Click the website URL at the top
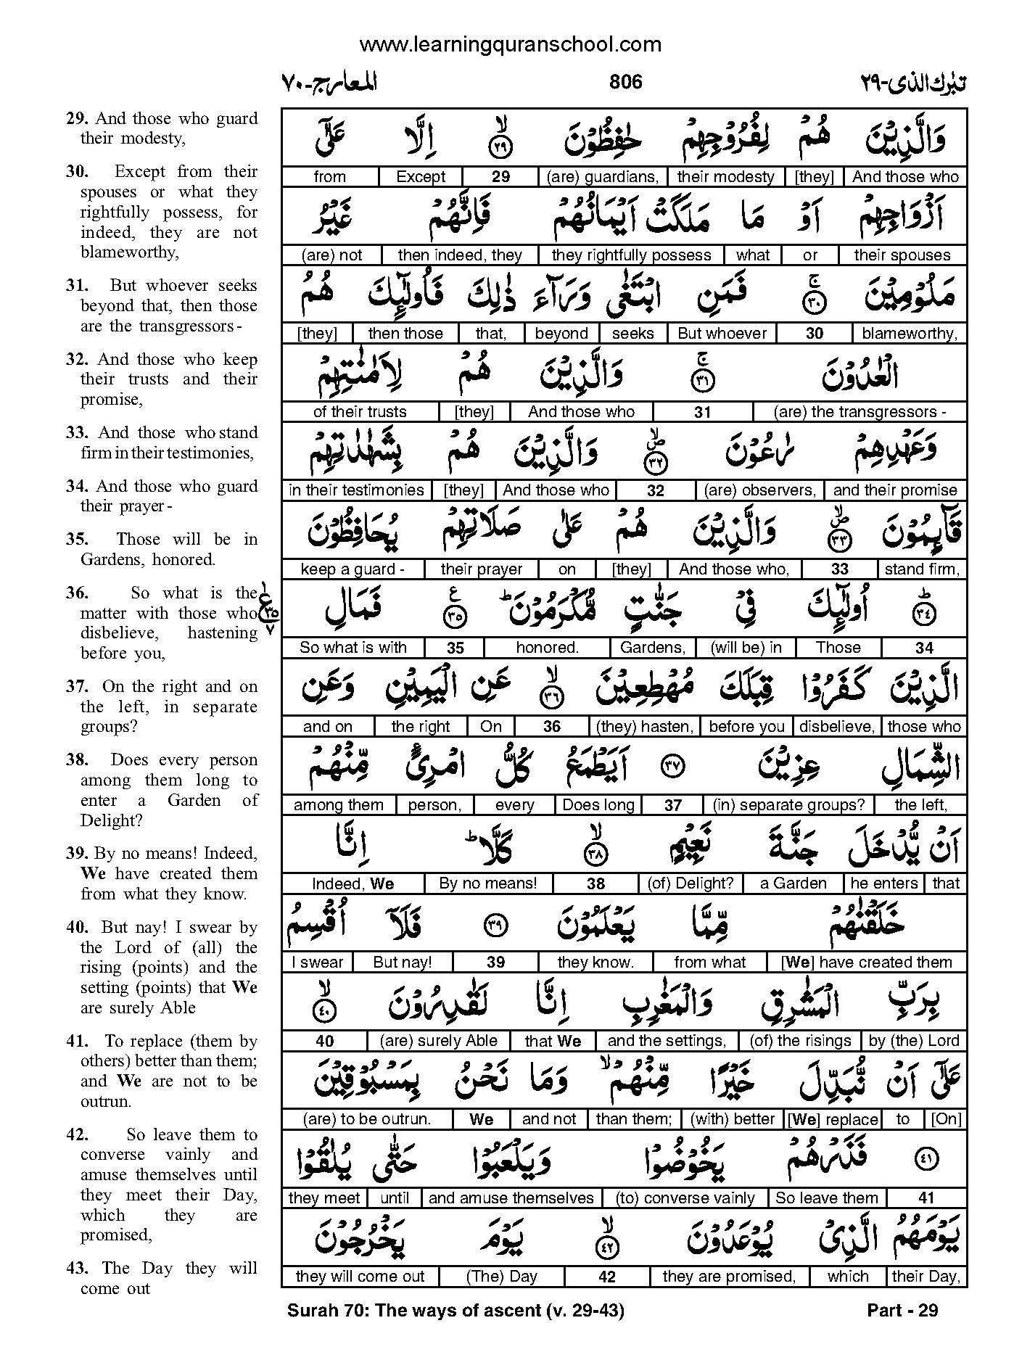pyautogui.click(x=510, y=45)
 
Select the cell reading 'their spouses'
pyautogui.click(x=902, y=255)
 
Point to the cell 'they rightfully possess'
pyautogui.click(x=631, y=255)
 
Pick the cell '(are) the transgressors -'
pyautogui.click(x=860, y=412)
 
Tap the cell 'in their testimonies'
pyautogui.click(x=356, y=490)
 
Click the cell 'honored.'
pyautogui.click(x=547, y=648)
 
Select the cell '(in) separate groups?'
pyautogui.click(x=788, y=805)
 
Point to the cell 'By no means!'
pyautogui.click(x=488, y=883)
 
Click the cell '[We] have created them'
pyautogui.click(x=866, y=963)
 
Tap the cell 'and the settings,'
pyautogui.click(x=667, y=1041)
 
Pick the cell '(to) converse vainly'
pyautogui.click(x=685, y=1198)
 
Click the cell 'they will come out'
pyautogui.click(x=360, y=1277)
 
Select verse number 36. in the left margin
pyautogui.click(x=77, y=593)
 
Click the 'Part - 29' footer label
pyautogui.click(x=902, y=1311)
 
